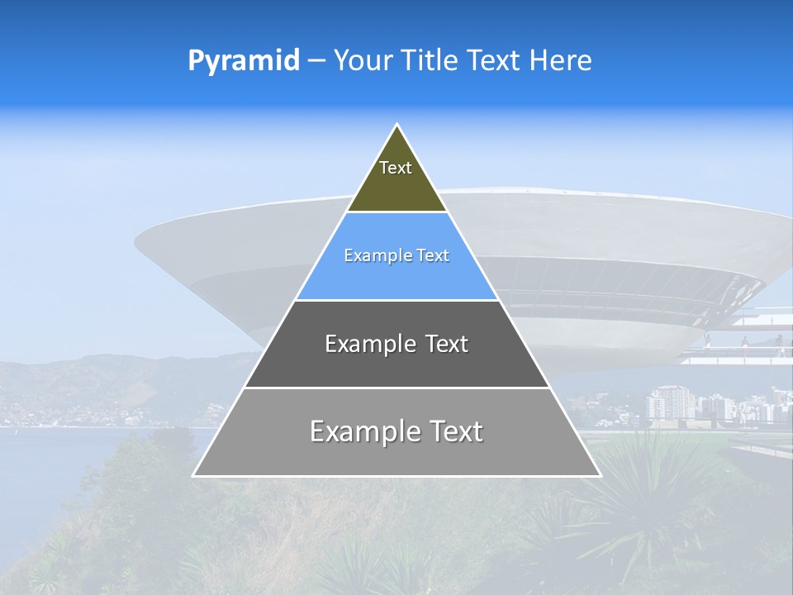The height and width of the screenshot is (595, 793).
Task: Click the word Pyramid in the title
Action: pos(243,61)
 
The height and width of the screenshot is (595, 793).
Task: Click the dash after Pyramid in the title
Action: pos(316,61)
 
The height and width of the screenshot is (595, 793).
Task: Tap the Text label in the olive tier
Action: pos(396,168)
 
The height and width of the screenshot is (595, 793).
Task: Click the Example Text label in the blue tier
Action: pos(396,255)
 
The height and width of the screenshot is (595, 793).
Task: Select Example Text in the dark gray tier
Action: pos(396,344)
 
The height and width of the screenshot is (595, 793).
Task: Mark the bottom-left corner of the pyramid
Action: pos(194,475)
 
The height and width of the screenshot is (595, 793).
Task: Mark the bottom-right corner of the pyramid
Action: pos(600,475)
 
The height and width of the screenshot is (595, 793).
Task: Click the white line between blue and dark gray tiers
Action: pos(396,300)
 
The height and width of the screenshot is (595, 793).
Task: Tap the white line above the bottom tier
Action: pos(396,388)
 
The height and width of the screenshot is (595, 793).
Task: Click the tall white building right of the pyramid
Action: pos(661,403)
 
